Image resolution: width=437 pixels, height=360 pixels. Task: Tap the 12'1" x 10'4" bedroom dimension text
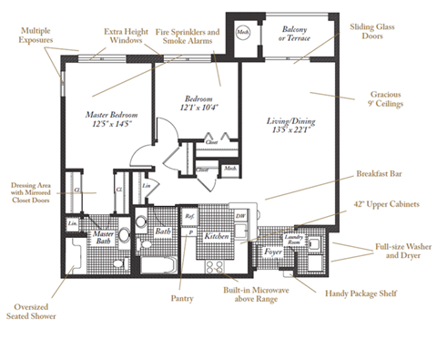[199, 108]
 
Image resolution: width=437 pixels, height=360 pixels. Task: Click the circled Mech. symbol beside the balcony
[242, 33]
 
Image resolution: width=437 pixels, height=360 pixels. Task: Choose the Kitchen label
[216, 236]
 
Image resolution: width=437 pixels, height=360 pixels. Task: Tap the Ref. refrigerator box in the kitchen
[189, 216]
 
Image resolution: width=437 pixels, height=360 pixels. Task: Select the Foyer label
[272, 250]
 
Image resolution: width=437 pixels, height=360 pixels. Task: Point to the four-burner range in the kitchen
[217, 267]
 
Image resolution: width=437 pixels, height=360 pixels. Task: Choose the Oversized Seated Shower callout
[34, 312]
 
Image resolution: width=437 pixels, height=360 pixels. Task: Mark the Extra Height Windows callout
[126, 36]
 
